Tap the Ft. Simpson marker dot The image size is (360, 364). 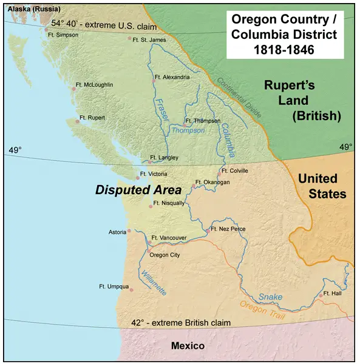(x=46, y=29)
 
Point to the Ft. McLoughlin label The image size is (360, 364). (x=95, y=85)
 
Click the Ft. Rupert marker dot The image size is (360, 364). (x=77, y=122)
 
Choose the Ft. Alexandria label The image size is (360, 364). (x=172, y=77)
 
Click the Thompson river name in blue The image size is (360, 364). (x=188, y=130)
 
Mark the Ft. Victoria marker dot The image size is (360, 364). (x=137, y=177)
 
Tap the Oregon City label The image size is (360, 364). (x=165, y=255)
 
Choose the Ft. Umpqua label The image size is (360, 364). (x=114, y=286)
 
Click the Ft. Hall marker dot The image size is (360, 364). (x=320, y=296)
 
